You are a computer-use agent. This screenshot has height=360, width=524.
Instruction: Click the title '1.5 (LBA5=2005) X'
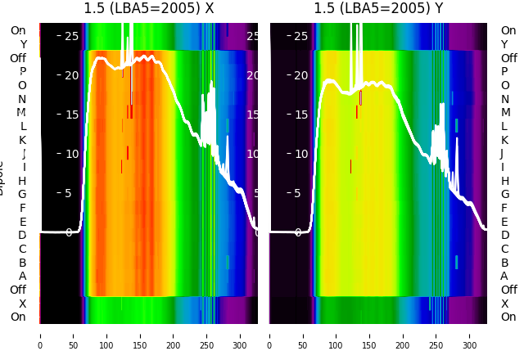[149, 9]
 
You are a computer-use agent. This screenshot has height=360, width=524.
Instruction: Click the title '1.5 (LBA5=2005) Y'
[378, 9]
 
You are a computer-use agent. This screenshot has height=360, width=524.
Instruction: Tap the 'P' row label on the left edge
[23, 72]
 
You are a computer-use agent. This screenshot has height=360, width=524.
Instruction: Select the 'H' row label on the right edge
[504, 181]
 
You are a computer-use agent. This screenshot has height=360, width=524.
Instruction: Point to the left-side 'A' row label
[23, 277]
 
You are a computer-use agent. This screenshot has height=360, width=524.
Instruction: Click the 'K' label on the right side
[504, 140]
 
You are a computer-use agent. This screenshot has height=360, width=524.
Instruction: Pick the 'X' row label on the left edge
[23, 304]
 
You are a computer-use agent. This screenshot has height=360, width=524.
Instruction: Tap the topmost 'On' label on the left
[18, 31]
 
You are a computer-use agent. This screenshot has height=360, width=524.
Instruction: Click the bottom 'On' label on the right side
[508, 317]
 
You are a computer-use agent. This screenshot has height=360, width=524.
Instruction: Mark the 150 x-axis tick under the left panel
[140, 335]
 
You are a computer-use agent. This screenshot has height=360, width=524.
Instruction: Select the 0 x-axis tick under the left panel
[39, 335]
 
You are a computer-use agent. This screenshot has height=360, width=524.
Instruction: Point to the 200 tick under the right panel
[404, 335]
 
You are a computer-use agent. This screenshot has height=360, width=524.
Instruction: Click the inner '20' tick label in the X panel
[71, 75]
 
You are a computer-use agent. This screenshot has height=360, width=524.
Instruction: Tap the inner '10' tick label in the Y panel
[300, 154]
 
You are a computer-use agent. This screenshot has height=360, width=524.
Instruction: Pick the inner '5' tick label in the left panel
[68, 193]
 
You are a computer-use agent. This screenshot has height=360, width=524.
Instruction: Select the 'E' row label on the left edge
[23, 222]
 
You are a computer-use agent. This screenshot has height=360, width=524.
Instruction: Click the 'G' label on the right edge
[504, 195]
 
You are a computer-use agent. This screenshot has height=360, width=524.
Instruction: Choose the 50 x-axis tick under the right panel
[303, 335]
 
